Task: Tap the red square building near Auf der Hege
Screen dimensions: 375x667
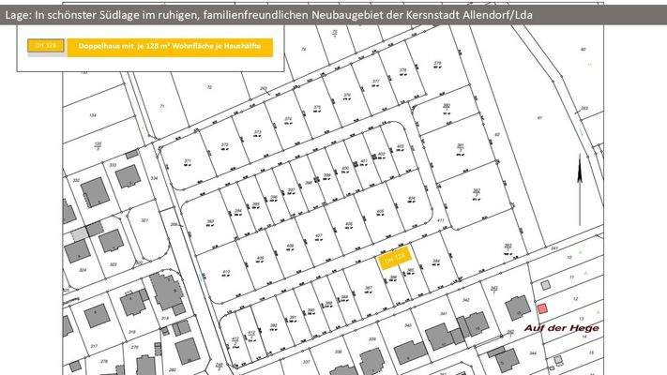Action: pos(541,307)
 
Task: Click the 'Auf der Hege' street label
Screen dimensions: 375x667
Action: pos(562,327)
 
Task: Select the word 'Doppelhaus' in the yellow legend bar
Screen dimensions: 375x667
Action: pos(99,45)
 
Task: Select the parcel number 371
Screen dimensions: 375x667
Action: pos(188,162)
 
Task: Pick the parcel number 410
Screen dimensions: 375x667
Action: pos(226,272)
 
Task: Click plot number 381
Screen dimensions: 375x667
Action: pos(461,145)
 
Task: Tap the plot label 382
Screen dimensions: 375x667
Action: pos(476,191)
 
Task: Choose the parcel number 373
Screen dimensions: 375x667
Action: pos(257,132)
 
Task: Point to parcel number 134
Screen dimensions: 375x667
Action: pos(92,114)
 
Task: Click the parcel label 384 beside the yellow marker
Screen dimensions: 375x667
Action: pos(435,261)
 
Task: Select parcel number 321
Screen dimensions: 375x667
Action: pos(144,220)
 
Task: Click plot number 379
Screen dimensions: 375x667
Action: pos(437,63)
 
